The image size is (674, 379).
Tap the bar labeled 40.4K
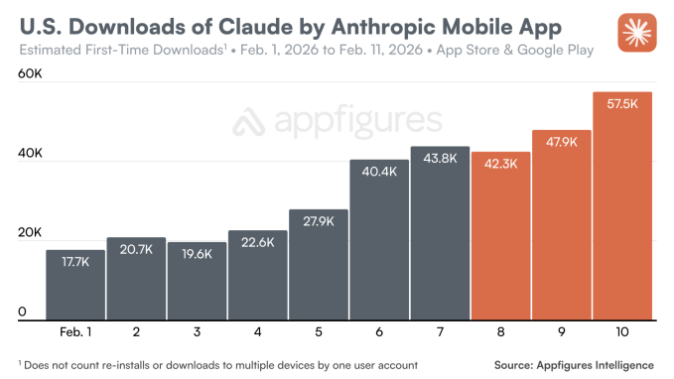379,239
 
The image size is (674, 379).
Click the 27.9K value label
319,220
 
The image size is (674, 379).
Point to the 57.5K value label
622,103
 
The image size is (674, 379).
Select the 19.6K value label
197,253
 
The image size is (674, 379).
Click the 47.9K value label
562,141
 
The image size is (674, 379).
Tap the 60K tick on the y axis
29,73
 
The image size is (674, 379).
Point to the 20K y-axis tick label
29,233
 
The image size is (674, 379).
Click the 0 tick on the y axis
21,313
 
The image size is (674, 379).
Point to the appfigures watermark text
337,122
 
